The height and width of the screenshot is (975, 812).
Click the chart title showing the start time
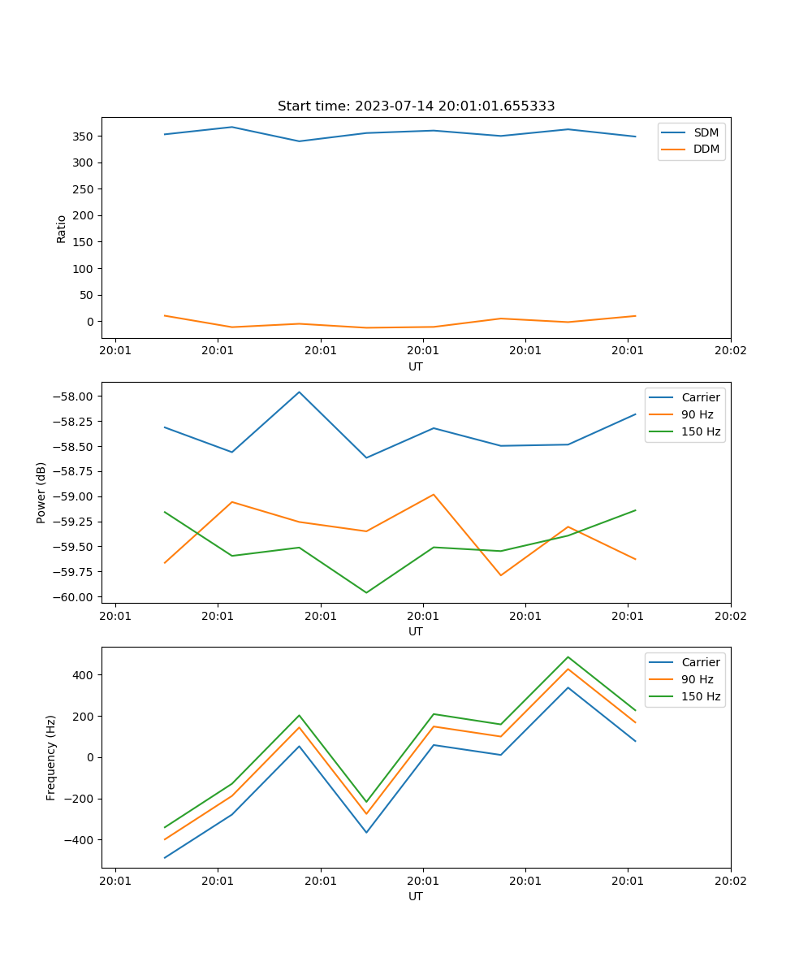416,106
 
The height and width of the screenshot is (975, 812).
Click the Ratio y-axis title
62,228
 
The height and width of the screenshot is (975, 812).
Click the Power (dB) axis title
41,492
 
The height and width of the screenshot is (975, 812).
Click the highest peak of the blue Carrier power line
299,392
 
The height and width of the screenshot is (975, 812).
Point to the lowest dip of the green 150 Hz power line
366,592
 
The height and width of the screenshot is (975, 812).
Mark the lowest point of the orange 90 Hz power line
500,575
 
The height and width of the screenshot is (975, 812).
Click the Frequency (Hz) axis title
51,757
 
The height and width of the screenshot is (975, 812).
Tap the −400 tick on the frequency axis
80,840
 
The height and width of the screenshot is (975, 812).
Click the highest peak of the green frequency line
568,657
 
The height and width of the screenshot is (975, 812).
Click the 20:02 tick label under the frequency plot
730,881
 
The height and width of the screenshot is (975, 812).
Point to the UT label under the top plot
416,366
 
